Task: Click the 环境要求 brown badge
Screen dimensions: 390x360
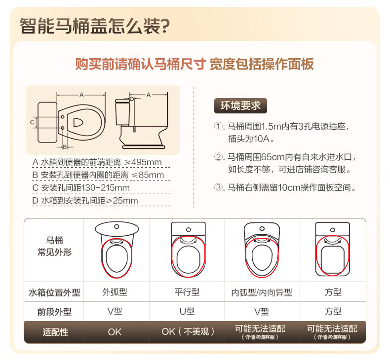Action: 240,106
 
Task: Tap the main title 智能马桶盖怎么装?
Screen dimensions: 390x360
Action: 95,26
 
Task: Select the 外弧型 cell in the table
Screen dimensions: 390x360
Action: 115,292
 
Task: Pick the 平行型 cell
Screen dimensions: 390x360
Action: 187,292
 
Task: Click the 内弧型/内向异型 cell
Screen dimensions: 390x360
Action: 262,292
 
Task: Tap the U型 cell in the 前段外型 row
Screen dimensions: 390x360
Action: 187,311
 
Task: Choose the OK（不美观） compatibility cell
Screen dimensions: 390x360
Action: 188,331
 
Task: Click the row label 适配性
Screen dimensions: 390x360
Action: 55,332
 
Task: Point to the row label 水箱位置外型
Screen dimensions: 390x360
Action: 54,292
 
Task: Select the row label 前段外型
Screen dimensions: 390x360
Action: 54,312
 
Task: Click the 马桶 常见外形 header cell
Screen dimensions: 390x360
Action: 54,247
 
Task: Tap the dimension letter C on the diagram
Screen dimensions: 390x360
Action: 32,122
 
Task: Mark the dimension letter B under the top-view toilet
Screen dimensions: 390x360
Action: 65,147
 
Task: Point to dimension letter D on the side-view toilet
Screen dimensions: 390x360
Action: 132,99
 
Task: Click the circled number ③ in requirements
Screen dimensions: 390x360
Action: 219,187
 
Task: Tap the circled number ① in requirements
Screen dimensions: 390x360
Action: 219,126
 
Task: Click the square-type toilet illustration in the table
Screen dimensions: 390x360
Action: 333,249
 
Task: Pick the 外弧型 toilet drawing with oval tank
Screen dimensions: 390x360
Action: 117,250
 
